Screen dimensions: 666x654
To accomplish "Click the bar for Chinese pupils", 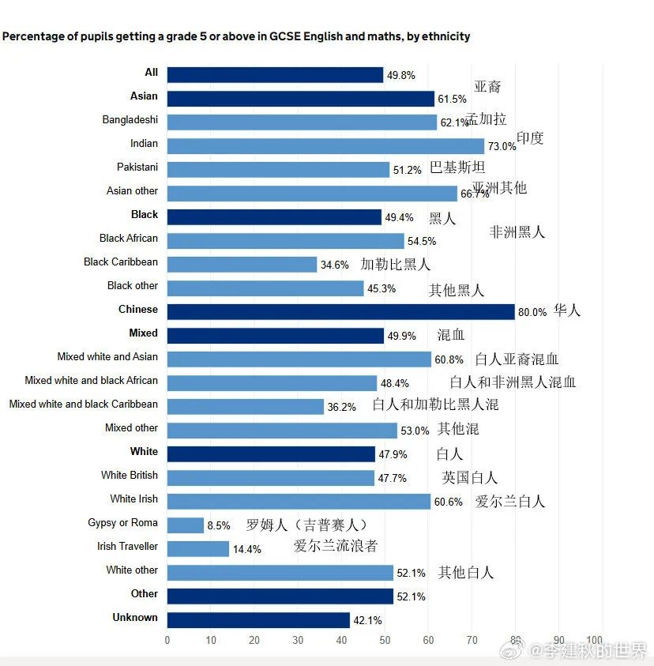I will [340, 311].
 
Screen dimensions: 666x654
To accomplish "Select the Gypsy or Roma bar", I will [186, 525].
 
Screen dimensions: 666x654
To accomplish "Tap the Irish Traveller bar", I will [198, 548].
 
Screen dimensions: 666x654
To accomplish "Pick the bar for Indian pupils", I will [325, 145].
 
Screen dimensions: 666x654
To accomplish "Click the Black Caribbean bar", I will [242, 264].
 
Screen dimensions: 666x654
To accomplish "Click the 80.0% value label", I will [532, 312].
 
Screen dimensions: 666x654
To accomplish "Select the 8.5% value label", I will [219, 525].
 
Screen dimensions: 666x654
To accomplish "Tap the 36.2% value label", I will [341, 407].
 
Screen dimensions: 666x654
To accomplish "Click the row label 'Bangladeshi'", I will [130, 120].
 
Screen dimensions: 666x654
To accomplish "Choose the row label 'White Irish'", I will [133, 499].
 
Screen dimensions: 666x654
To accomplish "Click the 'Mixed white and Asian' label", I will [107, 357].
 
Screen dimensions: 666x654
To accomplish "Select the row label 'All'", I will [151, 73].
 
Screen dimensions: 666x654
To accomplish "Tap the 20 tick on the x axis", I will [254, 640].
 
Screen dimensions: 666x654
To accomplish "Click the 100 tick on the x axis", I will [595, 640].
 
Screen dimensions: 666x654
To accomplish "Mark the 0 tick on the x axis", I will [167, 640].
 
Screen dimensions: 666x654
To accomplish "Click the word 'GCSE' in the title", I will [286, 36].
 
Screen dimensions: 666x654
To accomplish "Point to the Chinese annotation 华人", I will [567, 310].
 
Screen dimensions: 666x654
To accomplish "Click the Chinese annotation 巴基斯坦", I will [457, 167].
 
